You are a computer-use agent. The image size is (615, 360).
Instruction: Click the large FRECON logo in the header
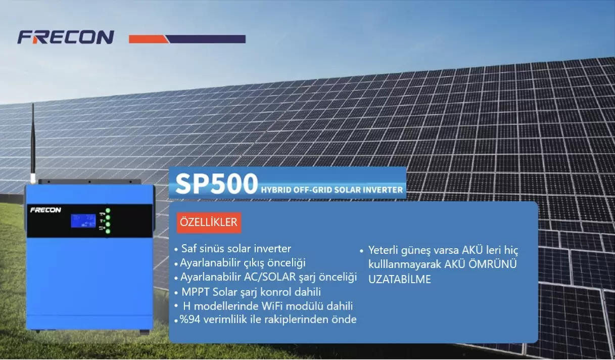[66, 37]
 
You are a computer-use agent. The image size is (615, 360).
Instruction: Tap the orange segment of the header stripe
[148, 39]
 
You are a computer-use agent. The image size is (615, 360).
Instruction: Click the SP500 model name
[216, 184]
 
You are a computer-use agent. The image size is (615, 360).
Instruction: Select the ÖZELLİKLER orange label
[209, 222]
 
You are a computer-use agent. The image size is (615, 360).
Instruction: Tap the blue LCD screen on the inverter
[83, 221]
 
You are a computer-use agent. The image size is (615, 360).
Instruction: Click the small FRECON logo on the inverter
[45, 210]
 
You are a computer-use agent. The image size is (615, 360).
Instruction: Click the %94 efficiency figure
[190, 320]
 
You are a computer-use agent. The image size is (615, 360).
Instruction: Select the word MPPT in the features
[196, 292]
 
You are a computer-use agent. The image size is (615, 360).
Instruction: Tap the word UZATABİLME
[400, 279]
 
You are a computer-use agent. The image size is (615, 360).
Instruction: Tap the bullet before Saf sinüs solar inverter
[176, 250]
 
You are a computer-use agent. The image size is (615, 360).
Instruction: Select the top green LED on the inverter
[108, 211]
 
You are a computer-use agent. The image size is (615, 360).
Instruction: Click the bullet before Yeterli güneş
[361, 251]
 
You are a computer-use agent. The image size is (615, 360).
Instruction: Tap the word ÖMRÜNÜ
[493, 264]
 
